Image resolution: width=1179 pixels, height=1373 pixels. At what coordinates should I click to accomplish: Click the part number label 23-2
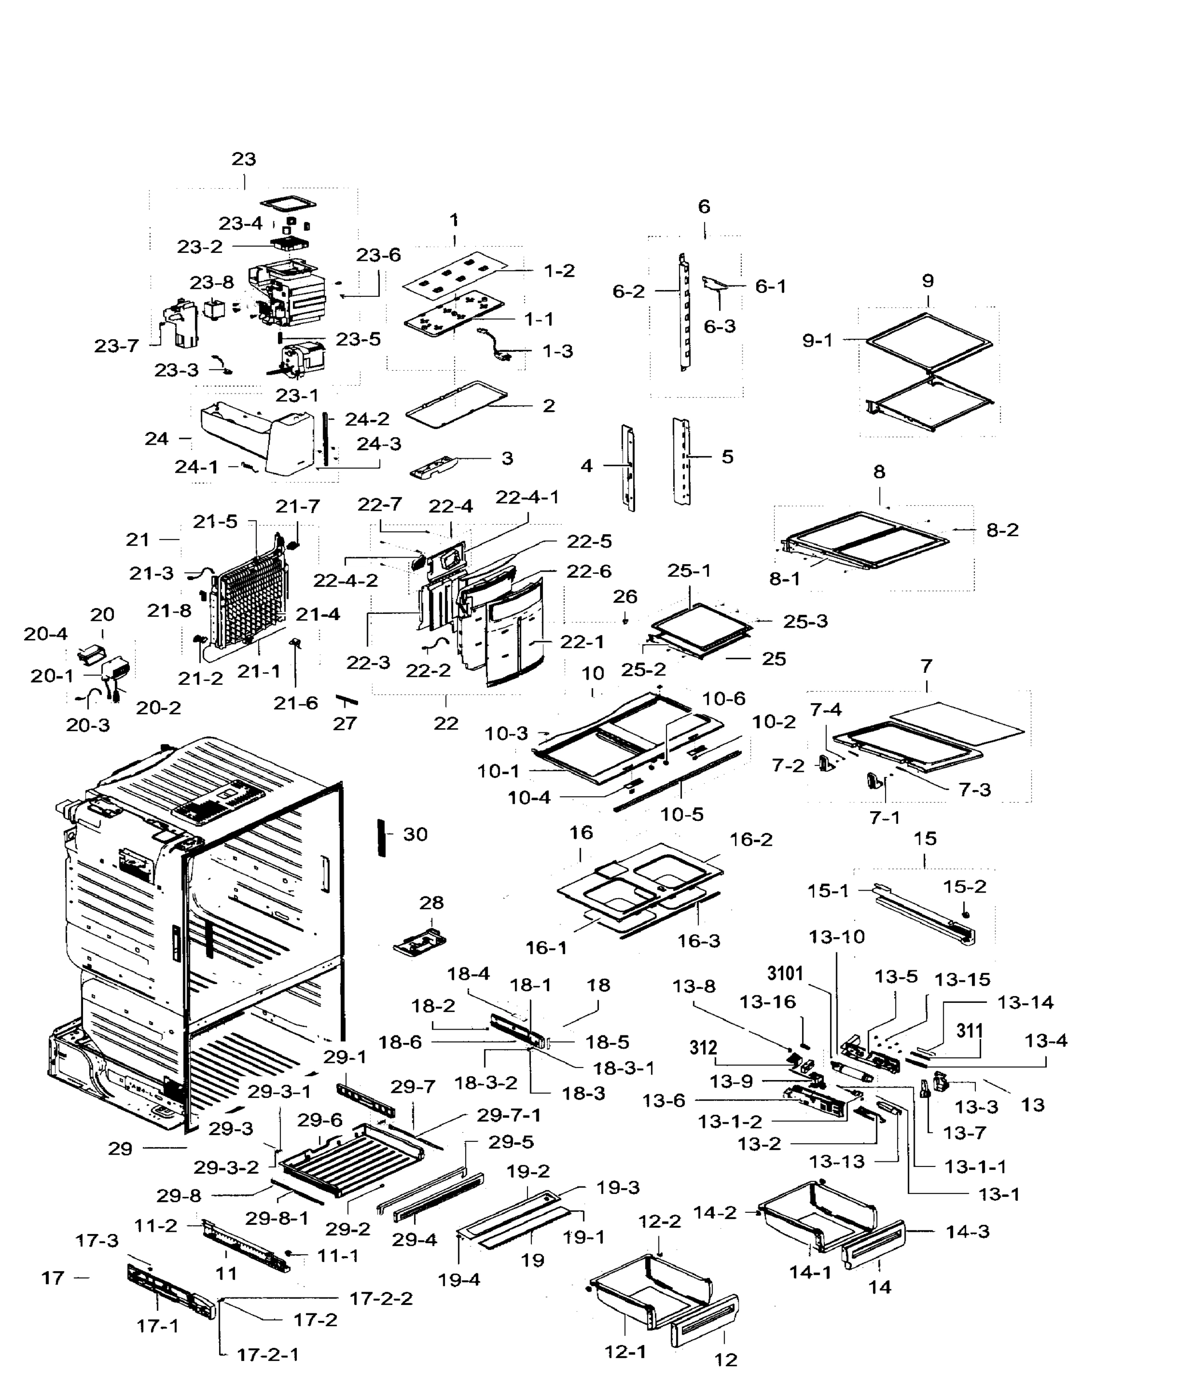click(x=200, y=247)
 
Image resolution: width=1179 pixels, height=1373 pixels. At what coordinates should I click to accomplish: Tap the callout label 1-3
click(x=557, y=351)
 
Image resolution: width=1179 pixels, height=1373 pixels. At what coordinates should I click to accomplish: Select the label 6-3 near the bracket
click(x=719, y=326)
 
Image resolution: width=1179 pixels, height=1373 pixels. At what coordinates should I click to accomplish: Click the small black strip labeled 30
click(x=381, y=837)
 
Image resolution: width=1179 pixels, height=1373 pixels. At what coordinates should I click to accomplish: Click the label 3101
click(x=785, y=974)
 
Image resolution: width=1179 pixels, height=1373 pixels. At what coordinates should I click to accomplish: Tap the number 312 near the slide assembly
click(x=703, y=1047)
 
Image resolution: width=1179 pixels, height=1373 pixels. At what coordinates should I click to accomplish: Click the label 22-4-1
click(x=527, y=497)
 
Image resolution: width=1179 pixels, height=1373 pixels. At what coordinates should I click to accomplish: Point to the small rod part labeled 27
click(x=347, y=700)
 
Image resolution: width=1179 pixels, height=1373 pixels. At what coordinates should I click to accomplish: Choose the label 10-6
click(x=724, y=699)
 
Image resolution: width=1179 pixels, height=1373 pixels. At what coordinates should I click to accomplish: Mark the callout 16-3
click(x=698, y=941)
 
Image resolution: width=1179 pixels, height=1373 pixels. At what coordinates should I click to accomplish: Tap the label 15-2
click(x=964, y=886)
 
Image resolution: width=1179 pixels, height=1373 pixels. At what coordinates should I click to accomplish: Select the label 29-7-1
click(x=509, y=1115)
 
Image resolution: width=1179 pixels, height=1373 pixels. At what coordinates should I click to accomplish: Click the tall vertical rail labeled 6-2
click(x=684, y=311)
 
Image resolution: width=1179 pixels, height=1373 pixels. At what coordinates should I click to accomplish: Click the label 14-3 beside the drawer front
click(x=967, y=1231)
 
